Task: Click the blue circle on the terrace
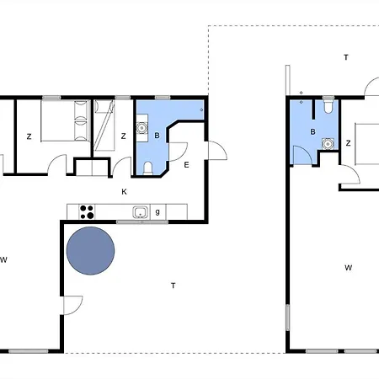[90, 251]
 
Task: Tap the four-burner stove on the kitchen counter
[87, 212]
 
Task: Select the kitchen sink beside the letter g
[141, 212]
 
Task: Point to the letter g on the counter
[157, 212]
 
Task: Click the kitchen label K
[124, 192]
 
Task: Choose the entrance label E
[186, 165]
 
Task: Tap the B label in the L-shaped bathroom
[157, 136]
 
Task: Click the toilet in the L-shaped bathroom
[148, 168]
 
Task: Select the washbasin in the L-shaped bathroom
[142, 128]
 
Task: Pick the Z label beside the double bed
[29, 136]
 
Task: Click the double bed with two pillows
[66, 120]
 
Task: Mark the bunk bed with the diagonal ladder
[104, 125]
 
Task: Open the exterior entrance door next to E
[217, 151]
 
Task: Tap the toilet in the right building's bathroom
[328, 104]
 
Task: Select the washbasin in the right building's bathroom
[328, 144]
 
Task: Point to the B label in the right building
[312, 131]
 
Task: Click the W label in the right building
[349, 268]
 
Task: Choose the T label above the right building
[346, 57]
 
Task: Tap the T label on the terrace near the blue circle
[173, 286]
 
